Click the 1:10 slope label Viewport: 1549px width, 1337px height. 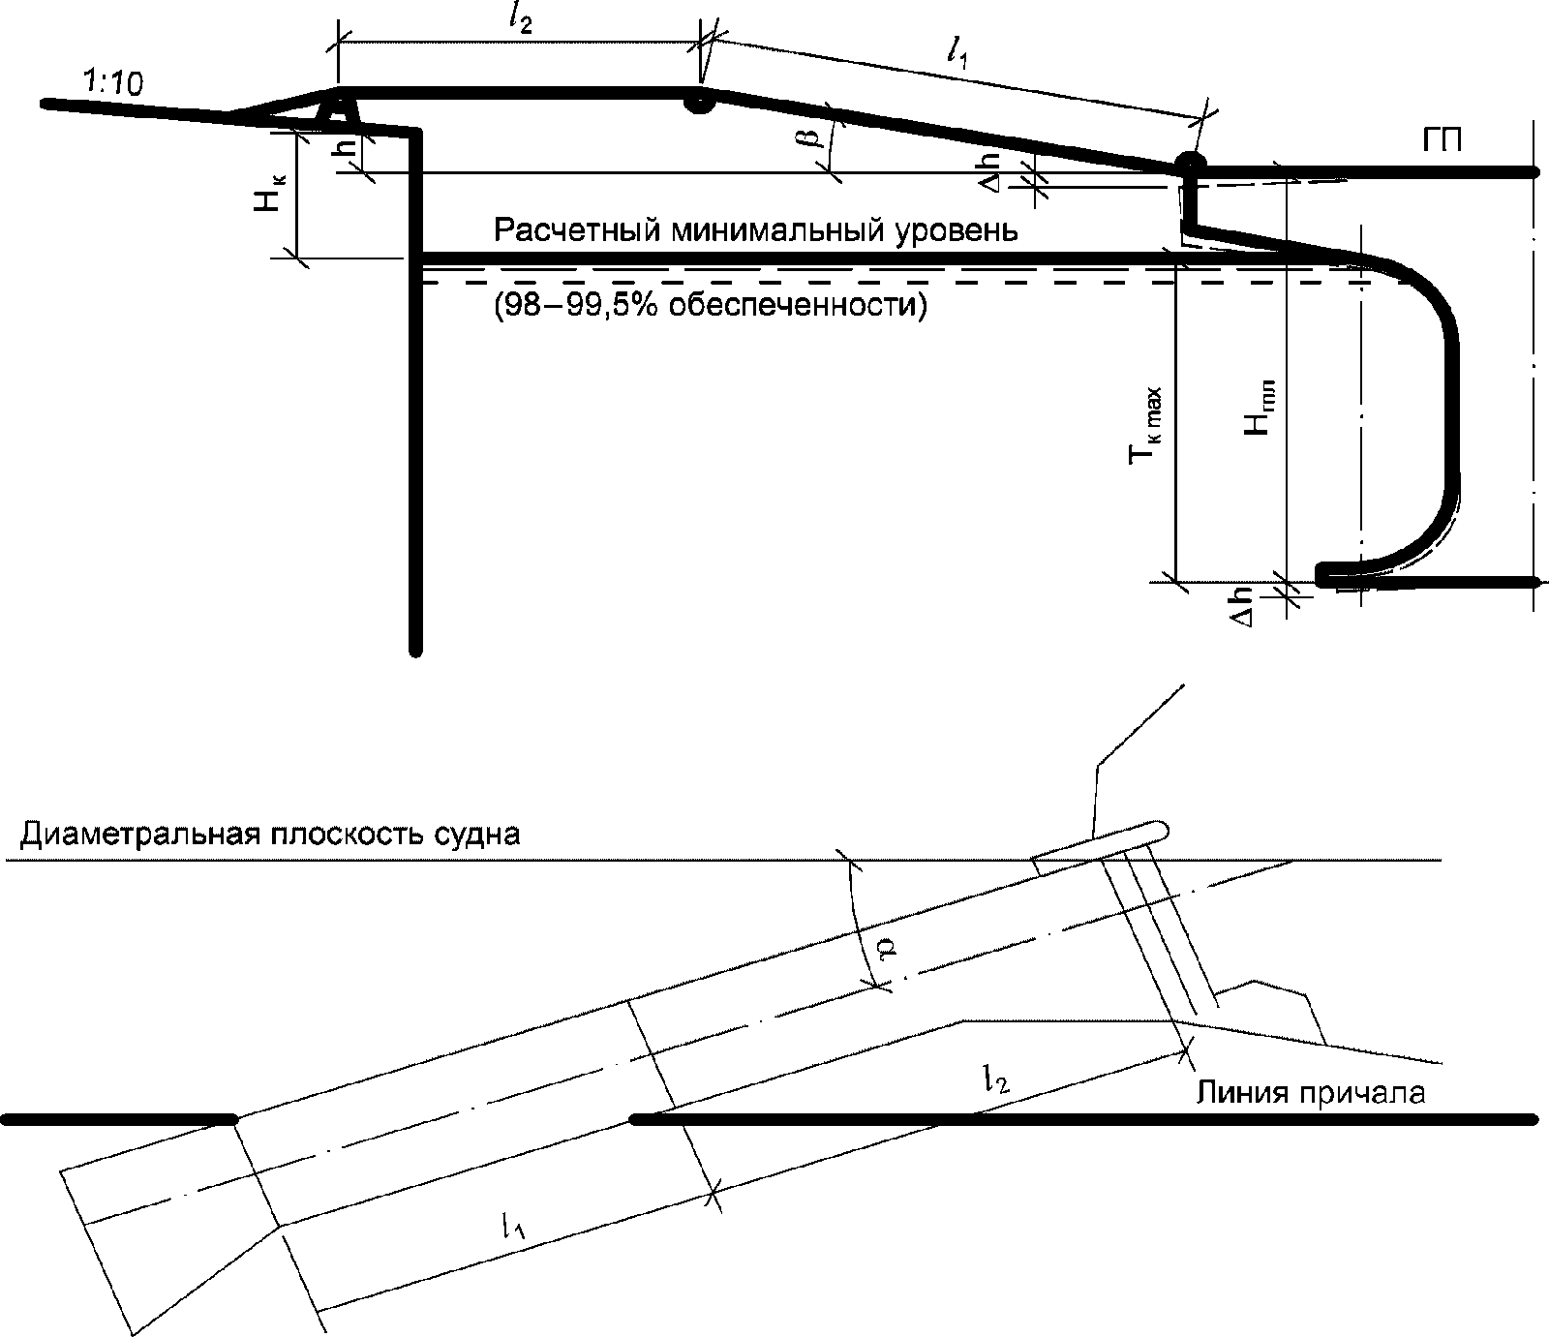113,84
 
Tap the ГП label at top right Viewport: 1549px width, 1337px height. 1443,141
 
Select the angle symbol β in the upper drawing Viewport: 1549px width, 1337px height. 814,134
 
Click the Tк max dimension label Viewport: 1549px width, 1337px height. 1148,427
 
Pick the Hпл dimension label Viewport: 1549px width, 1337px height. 1260,408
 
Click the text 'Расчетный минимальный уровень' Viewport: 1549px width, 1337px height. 755,231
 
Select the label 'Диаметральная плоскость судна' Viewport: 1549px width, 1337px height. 270,834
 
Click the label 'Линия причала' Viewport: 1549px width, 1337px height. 1312,1093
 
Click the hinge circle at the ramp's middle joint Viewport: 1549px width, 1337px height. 697,101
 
